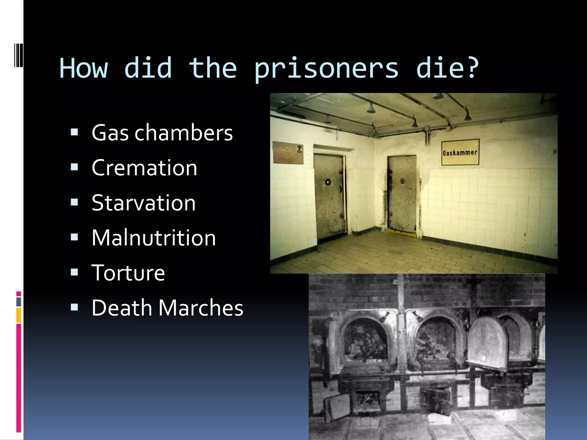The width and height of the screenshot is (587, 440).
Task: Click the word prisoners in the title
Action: (x=326, y=69)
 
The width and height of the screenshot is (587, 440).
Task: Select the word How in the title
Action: (x=84, y=69)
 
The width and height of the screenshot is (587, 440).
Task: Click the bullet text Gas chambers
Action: (x=162, y=133)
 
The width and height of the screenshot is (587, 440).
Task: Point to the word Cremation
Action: (x=144, y=168)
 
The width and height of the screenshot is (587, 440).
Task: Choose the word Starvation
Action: (x=144, y=203)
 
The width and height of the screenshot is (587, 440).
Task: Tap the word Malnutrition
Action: (x=154, y=238)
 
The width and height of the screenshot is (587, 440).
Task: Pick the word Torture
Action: (x=128, y=273)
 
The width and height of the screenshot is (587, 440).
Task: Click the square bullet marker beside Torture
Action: (x=75, y=272)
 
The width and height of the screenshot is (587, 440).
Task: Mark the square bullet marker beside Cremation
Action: (x=75, y=167)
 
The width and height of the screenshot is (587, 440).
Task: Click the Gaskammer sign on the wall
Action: (x=460, y=152)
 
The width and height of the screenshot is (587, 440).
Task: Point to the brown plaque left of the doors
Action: (x=288, y=152)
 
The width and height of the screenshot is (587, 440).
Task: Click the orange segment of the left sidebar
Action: (x=19, y=315)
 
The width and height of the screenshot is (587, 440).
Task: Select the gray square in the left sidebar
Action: (x=19, y=302)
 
